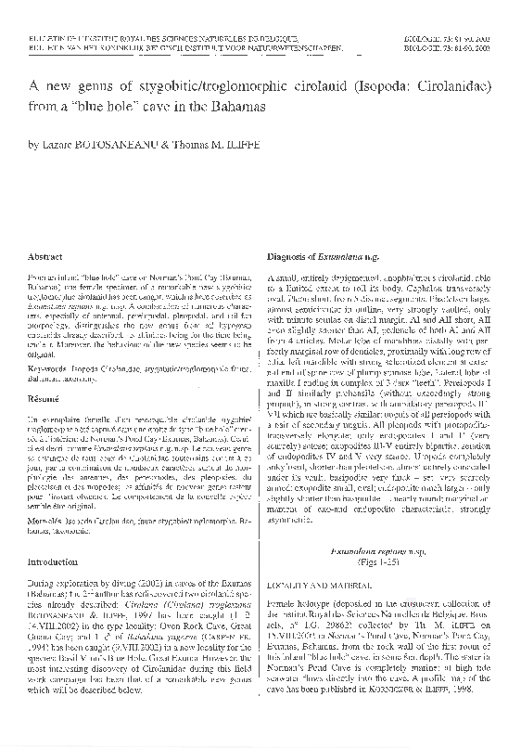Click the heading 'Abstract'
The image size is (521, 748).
pos(46,253)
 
